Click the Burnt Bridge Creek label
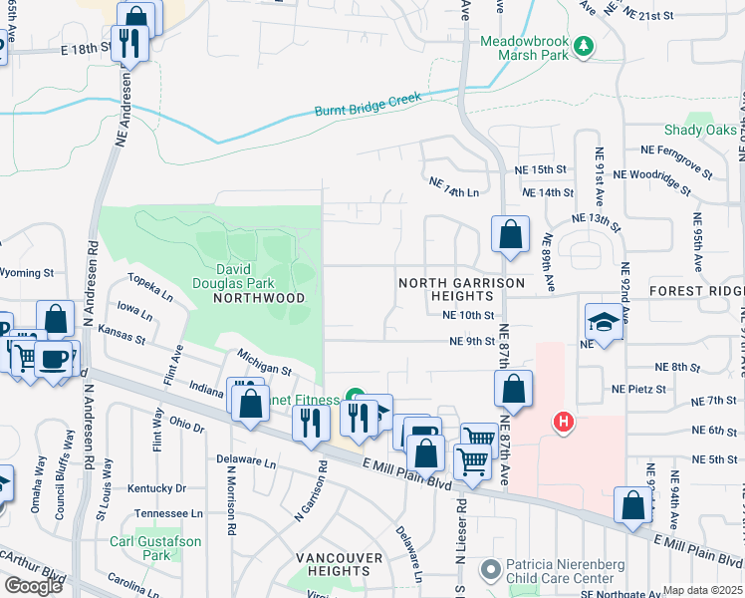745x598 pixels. pos(369,105)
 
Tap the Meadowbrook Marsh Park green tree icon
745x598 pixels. pos(586,46)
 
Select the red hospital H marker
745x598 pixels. pos(565,423)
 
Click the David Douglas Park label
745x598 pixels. pos(246,269)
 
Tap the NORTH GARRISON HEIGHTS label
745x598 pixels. pos(461,290)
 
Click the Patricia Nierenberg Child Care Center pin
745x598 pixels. pos(489,569)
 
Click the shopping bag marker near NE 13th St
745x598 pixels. pos(510,236)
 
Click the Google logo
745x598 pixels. pos(33,586)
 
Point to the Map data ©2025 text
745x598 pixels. pos(702,590)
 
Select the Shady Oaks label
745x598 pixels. pos(701,131)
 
